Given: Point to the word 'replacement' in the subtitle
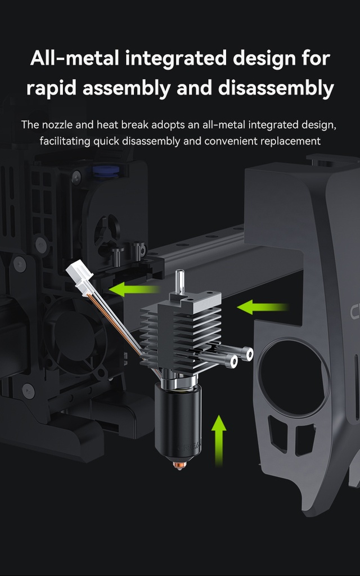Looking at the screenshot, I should pyautogui.click(x=291, y=141).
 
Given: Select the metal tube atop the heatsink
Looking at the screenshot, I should pyautogui.click(x=179, y=281).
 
